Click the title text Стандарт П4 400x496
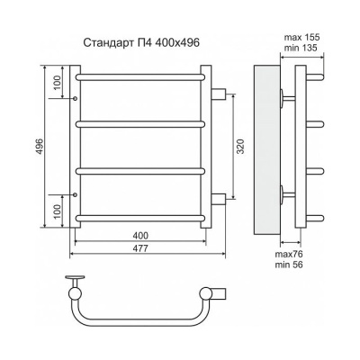pyautogui.click(x=140, y=43)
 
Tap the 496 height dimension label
pyautogui.click(x=40, y=147)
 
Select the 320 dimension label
pyautogui.click(x=240, y=147)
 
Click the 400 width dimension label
pyautogui.click(x=140, y=236)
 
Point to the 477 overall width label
pyautogui.click(x=140, y=248)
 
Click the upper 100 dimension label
pyautogui.click(x=58, y=82)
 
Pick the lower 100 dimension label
pyautogui.click(x=58, y=211)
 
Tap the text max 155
pyautogui.click(x=301, y=37)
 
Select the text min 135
pyautogui.click(x=301, y=48)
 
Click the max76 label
pyautogui.click(x=289, y=255)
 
